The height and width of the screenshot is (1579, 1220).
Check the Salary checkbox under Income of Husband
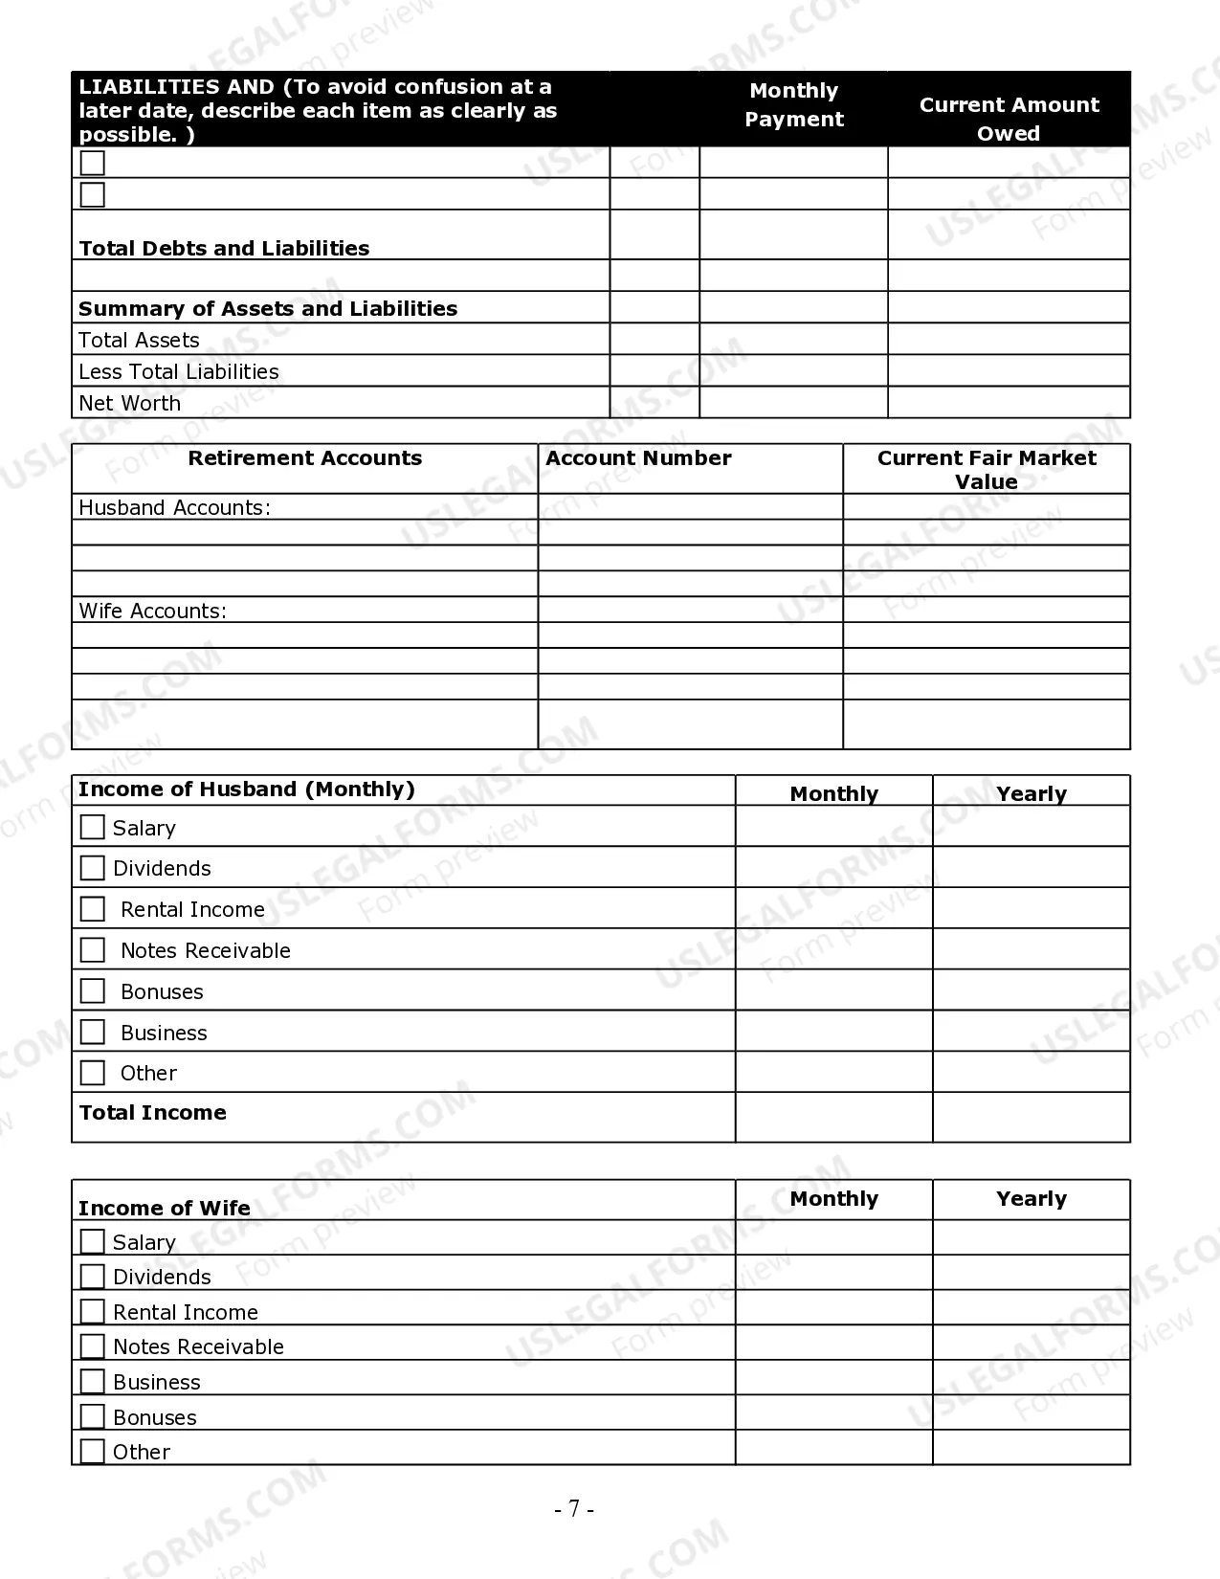tap(93, 827)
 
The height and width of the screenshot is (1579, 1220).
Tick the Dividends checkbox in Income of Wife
tap(93, 1277)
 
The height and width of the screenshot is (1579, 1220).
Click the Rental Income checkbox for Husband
tap(93, 909)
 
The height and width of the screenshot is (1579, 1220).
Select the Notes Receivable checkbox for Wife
tap(93, 1346)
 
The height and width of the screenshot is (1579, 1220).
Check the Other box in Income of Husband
tap(93, 1073)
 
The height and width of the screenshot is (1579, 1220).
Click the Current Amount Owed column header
tap(1009, 118)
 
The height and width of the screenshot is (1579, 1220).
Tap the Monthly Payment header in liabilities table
tap(794, 104)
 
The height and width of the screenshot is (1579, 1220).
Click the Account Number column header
tap(638, 458)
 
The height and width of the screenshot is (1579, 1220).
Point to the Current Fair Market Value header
tap(987, 469)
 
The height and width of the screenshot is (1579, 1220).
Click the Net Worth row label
tap(129, 404)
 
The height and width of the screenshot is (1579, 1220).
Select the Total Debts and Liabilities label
tap(224, 249)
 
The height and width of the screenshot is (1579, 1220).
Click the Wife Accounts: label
tap(152, 611)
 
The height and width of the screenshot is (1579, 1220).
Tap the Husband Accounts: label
tap(174, 508)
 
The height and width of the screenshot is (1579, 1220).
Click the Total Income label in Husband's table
tap(153, 1113)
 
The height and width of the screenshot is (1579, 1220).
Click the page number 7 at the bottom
tap(574, 1509)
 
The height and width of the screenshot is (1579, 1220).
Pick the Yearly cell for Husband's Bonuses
tap(1031, 990)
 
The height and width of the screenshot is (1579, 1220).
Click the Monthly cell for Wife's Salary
tap(833, 1237)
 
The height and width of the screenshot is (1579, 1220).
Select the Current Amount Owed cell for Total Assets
tap(1009, 340)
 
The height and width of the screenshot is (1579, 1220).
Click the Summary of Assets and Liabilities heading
tap(268, 309)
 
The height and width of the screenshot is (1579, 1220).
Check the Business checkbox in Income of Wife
tap(93, 1382)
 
